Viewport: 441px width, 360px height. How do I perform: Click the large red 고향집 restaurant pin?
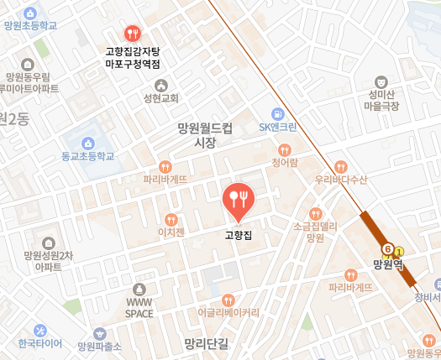click(x=237, y=198)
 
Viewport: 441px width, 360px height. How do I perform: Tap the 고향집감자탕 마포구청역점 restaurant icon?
click(x=132, y=34)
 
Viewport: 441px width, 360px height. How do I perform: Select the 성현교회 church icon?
click(x=162, y=84)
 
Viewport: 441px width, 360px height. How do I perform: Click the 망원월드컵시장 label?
click(x=204, y=136)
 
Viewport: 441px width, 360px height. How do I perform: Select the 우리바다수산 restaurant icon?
click(x=340, y=165)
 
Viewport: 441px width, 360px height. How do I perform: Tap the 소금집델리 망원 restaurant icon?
click(x=315, y=213)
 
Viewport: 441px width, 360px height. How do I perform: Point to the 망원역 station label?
click(x=388, y=263)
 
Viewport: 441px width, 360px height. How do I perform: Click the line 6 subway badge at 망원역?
click(x=388, y=249)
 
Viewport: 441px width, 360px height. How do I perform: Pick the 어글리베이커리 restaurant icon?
click(x=228, y=300)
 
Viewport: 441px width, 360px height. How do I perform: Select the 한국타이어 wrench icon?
click(x=40, y=330)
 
